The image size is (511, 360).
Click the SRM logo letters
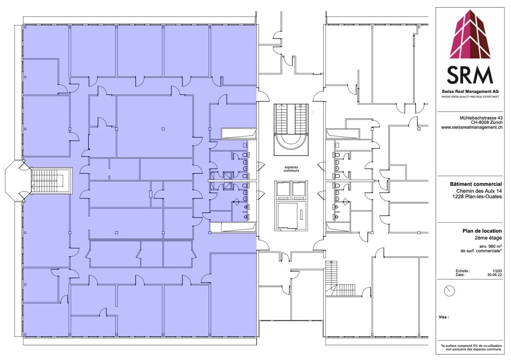coord(470,75)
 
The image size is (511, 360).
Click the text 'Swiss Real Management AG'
coord(470,92)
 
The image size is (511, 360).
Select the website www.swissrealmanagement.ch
coord(472,127)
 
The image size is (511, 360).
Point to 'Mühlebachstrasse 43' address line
coord(481,118)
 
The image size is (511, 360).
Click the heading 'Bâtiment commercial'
coord(476,184)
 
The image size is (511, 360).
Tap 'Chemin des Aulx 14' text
coord(479,191)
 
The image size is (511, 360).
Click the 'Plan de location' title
coord(482,231)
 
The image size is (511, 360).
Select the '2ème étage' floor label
coord(488,238)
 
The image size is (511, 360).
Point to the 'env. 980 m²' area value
coord(490,246)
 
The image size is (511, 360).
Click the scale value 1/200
coord(497,271)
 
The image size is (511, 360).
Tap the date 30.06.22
coord(495,275)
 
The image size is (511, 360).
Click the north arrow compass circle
coord(449,291)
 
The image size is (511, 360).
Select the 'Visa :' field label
coord(444,317)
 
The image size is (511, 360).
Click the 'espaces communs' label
coord(291,169)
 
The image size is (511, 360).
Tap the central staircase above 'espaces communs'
coord(291,129)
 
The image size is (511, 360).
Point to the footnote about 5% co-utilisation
coord(471,348)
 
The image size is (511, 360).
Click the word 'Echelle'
coord(462,271)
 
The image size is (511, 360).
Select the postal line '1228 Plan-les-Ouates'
coord(477,196)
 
